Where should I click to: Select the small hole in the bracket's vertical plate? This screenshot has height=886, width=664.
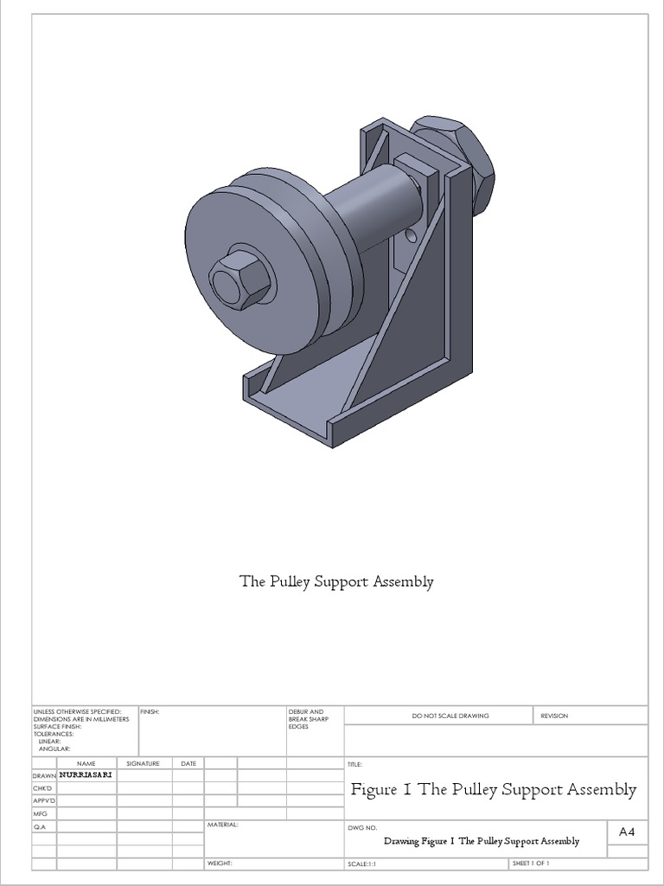coord(412,234)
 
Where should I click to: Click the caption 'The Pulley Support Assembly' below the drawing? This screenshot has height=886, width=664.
coord(336,581)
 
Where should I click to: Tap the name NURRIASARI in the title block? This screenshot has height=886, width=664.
coord(86,775)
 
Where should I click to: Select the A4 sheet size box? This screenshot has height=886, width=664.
coord(627,831)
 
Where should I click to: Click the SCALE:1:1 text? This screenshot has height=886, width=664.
coord(362,864)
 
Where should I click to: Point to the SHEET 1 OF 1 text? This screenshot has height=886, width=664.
coord(531,864)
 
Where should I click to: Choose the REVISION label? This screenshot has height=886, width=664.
coord(554,716)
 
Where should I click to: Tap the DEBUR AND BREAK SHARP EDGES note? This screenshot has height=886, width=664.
coord(308,719)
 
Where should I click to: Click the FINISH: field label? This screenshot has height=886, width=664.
coord(150,711)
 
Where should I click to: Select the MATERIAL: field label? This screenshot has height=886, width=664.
coord(222,825)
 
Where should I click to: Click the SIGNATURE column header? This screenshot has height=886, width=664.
coord(144,763)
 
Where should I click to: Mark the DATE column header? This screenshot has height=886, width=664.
coord(188,763)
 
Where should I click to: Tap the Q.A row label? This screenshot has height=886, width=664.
coord(40,827)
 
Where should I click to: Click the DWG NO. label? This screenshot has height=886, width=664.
coord(362,827)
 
